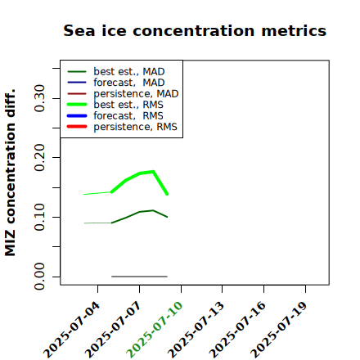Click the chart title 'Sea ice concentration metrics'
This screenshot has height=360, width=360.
(195, 30)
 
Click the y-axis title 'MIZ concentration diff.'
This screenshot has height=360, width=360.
(10, 173)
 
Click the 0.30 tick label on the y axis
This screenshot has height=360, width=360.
(39, 98)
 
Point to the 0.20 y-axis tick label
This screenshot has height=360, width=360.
(39, 158)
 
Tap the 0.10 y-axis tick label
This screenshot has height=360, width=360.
(39, 217)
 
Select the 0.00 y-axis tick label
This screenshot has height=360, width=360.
(39, 277)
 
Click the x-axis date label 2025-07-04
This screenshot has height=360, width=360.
(72, 330)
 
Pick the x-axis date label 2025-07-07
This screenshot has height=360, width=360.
(114, 330)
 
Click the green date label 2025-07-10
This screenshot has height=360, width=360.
(155, 330)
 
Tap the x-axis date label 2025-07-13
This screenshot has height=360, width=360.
(196, 330)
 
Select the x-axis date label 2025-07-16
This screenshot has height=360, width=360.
(238, 330)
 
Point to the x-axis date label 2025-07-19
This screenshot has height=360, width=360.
(279, 330)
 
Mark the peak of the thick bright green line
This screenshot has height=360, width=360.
(153, 172)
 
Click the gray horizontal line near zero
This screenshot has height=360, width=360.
(139, 277)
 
